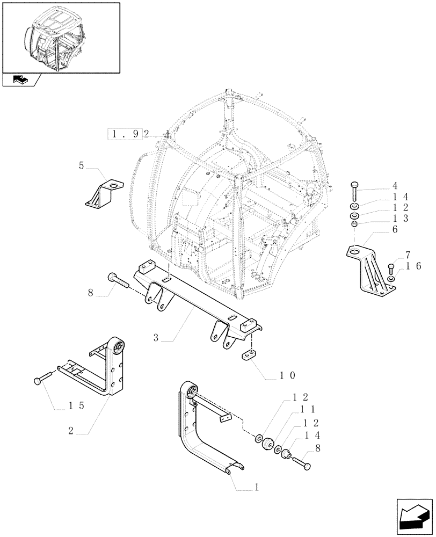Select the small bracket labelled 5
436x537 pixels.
(x=105, y=193)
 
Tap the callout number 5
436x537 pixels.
(x=82, y=166)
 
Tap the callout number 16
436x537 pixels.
(x=413, y=266)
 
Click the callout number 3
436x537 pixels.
(x=156, y=338)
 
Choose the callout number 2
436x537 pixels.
(x=86, y=430)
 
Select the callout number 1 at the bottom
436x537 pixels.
(x=257, y=487)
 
